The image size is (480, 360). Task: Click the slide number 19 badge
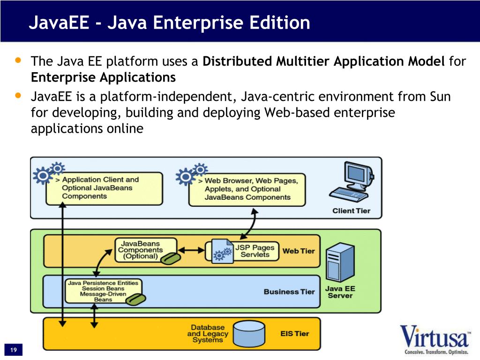coord(13,350)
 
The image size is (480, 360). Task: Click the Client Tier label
coord(351,210)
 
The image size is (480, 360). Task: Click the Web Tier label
coord(299,251)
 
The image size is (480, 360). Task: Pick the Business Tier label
coord(289,292)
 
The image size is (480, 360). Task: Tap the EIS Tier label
coord(295,334)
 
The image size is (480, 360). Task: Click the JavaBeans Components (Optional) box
coord(145,250)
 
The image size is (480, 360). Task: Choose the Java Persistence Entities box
coord(104,291)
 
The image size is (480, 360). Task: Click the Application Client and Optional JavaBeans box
coord(104,188)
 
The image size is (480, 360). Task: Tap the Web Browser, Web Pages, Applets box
coord(247,189)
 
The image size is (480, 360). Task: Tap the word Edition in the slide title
coord(280,22)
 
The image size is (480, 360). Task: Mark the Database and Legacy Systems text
coord(208,333)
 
